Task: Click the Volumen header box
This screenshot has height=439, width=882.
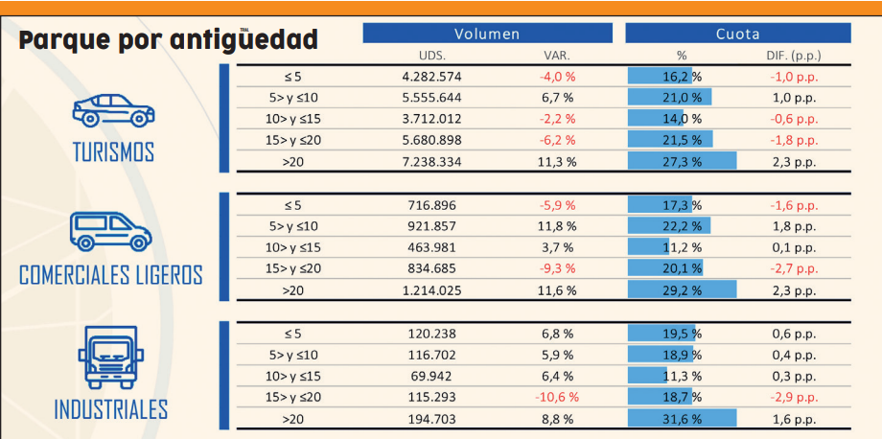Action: click(487, 34)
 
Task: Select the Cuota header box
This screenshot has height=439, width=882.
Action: click(737, 34)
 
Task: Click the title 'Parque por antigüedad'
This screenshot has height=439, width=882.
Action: click(169, 40)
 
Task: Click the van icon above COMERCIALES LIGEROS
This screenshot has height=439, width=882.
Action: click(110, 231)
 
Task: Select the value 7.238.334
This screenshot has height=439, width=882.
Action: click(431, 162)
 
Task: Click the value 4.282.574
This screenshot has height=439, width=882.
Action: click(431, 76)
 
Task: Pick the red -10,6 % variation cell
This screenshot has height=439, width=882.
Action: click(557, 397)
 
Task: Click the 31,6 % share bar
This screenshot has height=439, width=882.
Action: click(682, 419)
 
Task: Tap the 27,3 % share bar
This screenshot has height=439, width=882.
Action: click(682, 162)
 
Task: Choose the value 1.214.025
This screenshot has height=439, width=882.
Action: click(431, 290)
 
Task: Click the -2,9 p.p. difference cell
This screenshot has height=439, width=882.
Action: click(793, 397)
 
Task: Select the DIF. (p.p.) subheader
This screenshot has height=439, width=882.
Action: click(794, 56)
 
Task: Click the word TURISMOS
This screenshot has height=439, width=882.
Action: click(113, 152)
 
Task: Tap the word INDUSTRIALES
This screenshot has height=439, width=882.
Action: click(111, 409)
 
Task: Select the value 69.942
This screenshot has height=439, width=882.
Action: click(431, 376)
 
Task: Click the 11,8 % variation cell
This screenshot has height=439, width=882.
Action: click(557, 226)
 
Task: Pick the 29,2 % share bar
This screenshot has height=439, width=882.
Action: click(682, 290)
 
